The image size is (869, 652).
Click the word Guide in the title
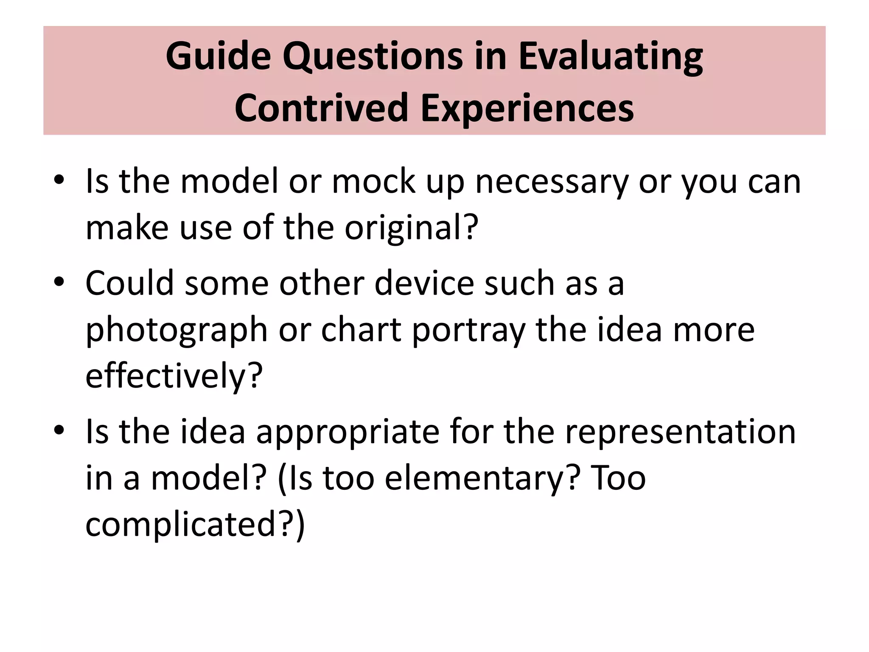(218, 56)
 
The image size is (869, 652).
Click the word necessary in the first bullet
(552, 182)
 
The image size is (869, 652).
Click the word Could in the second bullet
(130, 283)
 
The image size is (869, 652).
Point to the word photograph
(177, 330)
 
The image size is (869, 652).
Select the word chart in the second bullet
(361, 329)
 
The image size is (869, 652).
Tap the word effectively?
(174, 376)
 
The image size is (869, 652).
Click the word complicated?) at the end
(195, 525)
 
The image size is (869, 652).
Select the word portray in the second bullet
(468, 330)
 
